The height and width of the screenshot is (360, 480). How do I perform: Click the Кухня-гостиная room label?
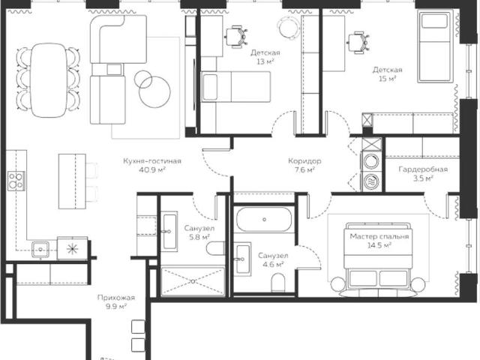click(152, 161)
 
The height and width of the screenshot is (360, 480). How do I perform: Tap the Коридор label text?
click(304, 161)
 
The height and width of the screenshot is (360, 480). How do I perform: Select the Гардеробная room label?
click(423, 169)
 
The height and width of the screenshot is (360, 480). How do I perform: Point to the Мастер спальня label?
click(379, 237)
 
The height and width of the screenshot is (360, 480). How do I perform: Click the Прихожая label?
click(116, 298)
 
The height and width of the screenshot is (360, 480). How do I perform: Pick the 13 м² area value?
click(265, 61)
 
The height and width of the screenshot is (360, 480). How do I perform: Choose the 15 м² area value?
click(387, 79)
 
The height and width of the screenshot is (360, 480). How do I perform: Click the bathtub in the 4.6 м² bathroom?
click(264, 219)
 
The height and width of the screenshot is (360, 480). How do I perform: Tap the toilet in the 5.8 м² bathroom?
click(215, 248)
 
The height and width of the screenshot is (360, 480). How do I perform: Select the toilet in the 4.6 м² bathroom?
click(278, 282)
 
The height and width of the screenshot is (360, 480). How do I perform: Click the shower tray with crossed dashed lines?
click(193, 282)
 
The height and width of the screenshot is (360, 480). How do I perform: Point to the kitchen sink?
click(40, 250)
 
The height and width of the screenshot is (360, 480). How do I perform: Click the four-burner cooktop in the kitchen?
click(16, 181)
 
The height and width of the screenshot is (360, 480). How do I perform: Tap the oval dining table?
click(49, 80)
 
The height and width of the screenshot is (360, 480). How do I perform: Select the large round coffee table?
click(154, 91)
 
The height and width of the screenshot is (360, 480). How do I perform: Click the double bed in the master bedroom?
click(378, 259)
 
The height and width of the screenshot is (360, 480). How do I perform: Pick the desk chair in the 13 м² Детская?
click(236, 37)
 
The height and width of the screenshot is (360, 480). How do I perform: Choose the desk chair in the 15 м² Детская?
click(358, 42)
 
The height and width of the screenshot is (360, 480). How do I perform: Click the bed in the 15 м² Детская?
click(435, 46)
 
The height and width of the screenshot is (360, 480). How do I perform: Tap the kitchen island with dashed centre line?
click(72, 181)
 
